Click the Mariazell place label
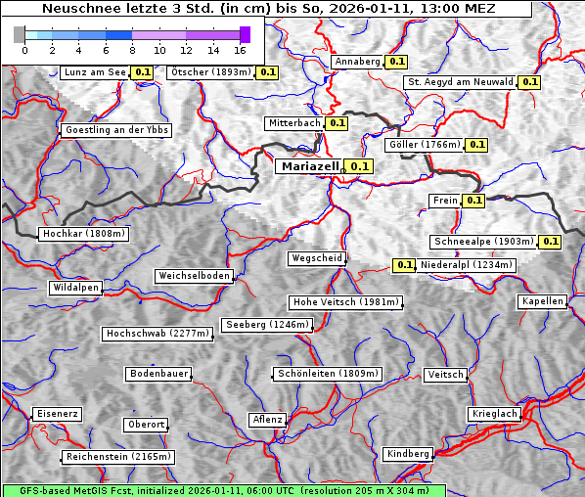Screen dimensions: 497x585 coord(308,166)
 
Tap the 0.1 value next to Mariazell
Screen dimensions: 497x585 coord(360,166)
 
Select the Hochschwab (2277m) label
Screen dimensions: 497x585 coord(157,334)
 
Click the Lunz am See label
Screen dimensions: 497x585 coord(94,72)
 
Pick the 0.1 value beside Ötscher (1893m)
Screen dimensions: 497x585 coord(267,72)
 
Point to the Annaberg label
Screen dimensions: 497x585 coord(356,62)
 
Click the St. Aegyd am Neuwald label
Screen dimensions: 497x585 coord(460,82)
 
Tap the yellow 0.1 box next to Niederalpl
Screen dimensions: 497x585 coord(404,265)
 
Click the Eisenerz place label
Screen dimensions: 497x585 coord(57,414)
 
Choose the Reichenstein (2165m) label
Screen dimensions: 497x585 coord(118,457)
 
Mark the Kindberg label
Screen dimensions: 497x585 coord(408,454)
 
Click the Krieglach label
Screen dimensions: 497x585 coord(493,414)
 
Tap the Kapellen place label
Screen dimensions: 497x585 coord(542,301)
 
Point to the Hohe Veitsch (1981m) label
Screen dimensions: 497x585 coord(345,302)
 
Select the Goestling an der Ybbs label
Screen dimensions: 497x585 coord(115,130)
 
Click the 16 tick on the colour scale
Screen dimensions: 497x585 coord(239,49)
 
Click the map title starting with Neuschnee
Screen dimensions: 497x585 coord(268,9)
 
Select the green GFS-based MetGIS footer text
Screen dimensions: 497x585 coord(223,490)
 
